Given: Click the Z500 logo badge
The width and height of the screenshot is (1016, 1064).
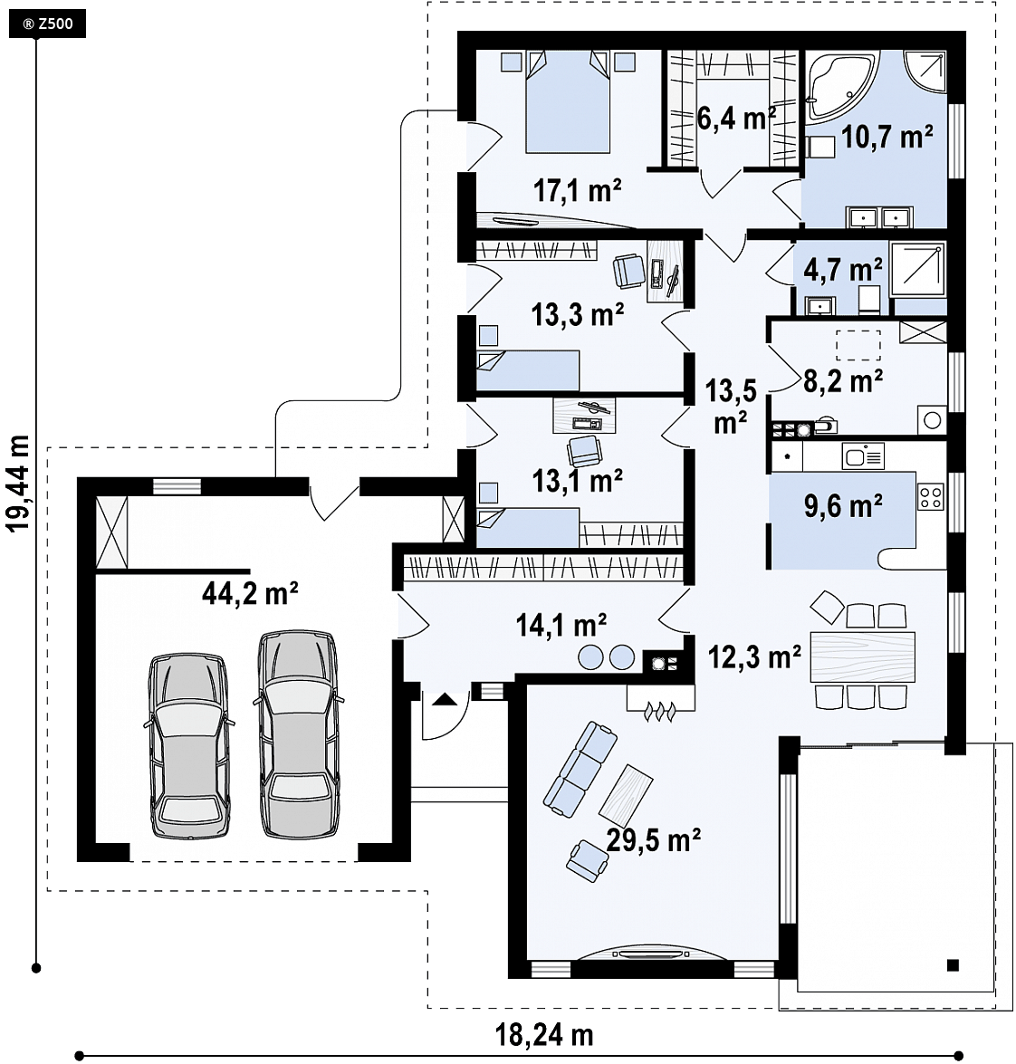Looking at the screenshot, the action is pos(47,24).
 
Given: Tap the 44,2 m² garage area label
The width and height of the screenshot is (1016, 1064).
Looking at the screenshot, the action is pos(250,593).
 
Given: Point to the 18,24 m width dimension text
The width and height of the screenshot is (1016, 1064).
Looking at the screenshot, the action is pos(544,1035).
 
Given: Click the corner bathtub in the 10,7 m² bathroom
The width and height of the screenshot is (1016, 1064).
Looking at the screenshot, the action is pos(839,85).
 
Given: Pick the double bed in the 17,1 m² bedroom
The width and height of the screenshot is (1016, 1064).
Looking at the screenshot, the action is pos(568,101).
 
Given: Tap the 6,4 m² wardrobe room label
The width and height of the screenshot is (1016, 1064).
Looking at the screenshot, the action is pos(735,119).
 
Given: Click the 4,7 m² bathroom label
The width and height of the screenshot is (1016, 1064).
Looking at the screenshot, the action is pos(843,269).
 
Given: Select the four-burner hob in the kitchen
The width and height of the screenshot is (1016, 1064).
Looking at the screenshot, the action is pos(932,496).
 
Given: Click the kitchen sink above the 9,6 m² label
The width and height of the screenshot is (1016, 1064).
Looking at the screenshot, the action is pos(863,456).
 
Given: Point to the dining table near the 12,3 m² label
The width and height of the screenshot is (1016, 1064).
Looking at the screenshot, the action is pos(862,657).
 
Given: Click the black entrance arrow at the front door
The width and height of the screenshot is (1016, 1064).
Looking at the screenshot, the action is pos(443,699).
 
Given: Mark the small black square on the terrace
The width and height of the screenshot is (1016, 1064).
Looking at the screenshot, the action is pos(953,964).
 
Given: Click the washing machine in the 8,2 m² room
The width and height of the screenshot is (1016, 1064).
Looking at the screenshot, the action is pos(932,420).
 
